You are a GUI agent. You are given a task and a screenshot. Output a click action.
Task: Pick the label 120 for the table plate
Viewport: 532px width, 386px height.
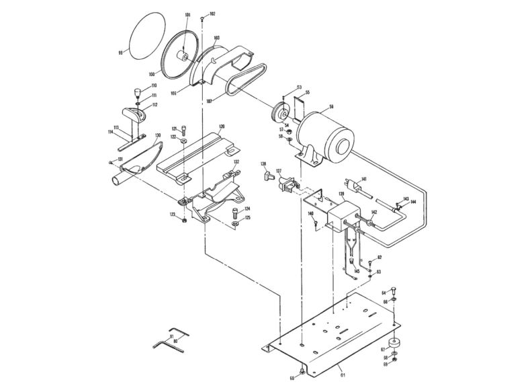point(221,126)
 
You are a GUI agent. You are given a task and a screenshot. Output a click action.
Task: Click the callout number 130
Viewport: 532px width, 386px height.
point(158,136)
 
